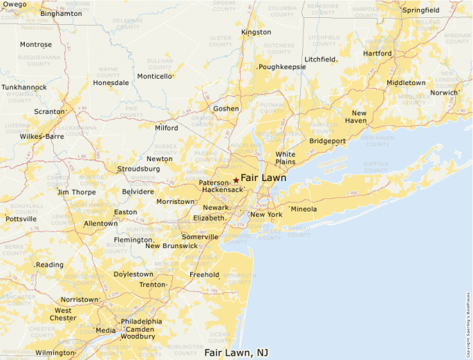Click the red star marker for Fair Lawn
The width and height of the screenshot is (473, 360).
236,179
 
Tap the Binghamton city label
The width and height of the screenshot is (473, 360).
61,14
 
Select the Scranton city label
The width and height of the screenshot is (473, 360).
48,111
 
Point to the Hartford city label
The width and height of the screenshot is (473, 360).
377,53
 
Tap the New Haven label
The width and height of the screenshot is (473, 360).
359,116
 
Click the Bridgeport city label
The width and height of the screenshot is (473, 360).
327,141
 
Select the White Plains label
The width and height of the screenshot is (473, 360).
285,158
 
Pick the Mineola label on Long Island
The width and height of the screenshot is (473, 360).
304,209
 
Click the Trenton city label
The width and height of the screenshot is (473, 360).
152,285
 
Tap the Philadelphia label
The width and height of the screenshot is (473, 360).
141,321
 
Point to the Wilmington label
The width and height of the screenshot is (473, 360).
55,352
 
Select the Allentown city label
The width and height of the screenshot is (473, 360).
100,224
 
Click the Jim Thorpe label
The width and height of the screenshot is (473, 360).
76,192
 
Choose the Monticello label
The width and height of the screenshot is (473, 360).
154,77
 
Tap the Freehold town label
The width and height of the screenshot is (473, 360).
204,274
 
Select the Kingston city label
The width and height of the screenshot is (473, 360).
256,32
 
